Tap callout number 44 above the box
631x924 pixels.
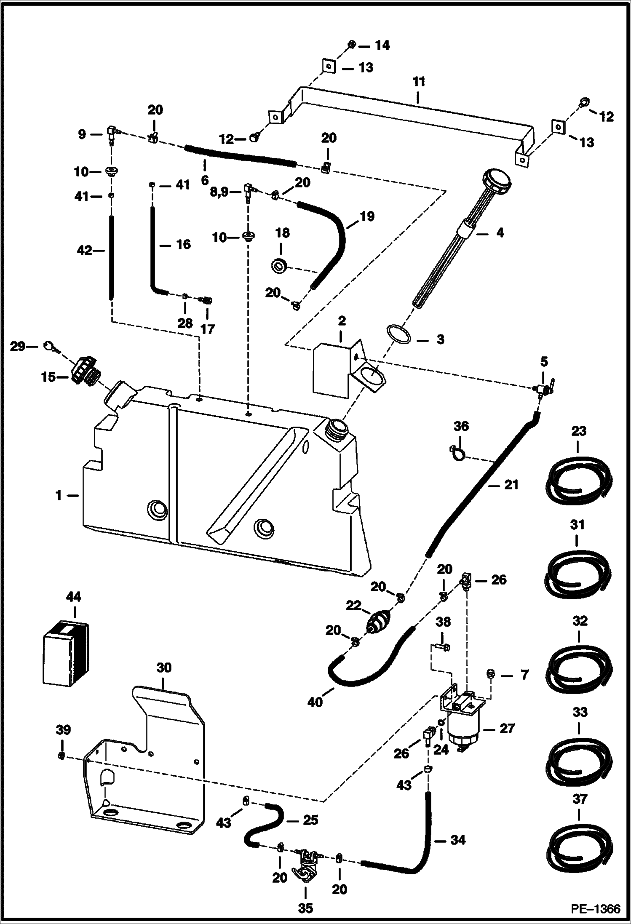[x=74, y=597]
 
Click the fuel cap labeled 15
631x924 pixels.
[x=83, y=371]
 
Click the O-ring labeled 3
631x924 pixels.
[x=398, y=334]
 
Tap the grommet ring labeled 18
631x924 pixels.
[x=278, y=266]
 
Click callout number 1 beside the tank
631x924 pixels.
[x=59, y=496]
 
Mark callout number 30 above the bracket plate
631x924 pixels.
[x=164, y=668]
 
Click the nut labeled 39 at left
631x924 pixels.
[x=61, y=756]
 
